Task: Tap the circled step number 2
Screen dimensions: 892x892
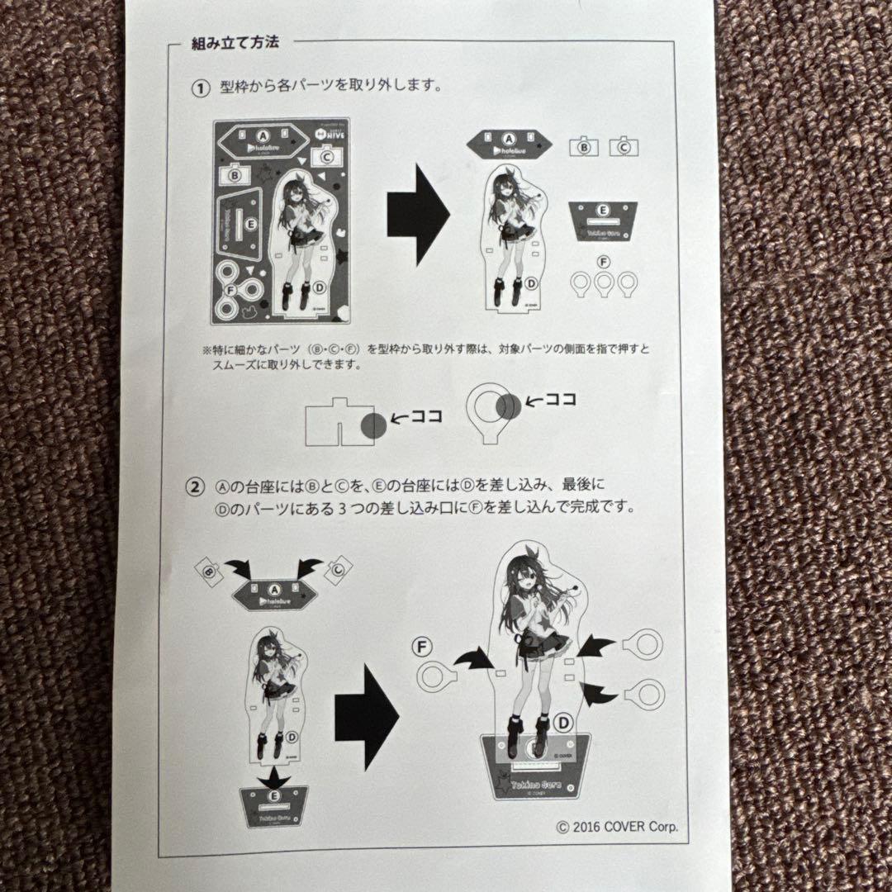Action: (x=197, y=486)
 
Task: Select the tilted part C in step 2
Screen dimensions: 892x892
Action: (x=339, y=568)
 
